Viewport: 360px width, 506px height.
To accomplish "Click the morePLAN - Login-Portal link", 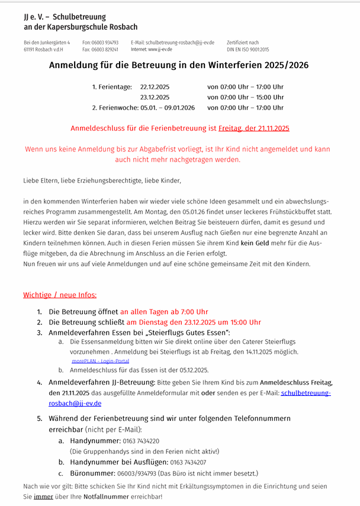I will tap(100, 360).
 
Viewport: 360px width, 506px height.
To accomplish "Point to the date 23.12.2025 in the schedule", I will tap(155, 97).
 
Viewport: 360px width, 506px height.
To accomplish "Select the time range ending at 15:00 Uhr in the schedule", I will tap(245, 97).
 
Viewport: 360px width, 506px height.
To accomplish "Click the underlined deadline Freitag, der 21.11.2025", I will tap(254, 128).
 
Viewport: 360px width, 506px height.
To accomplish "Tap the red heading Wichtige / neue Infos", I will tap(60, 295).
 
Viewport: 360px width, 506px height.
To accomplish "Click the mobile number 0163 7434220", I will tap(140, 441).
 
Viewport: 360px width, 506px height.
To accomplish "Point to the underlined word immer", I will tap(40, 497).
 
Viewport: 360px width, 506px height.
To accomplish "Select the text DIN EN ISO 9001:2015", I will tap(247, 50).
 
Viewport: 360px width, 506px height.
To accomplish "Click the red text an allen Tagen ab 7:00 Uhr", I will tap(164, 312).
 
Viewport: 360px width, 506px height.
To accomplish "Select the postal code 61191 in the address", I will tap(31, 50).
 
